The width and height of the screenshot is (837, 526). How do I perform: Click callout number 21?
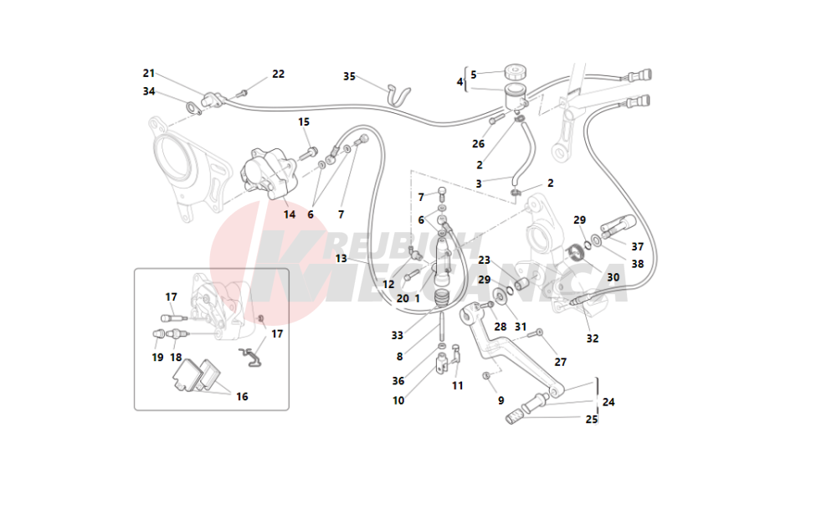pyautogui.click(x=149, y=73)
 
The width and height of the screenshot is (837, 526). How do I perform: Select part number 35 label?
pyautogui.click(x=350, y=76)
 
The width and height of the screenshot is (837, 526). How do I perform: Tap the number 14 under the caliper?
pyautogui.click(x=290, y=214)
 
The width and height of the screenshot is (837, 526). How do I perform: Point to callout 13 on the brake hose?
pyautogui.click(x=341, y=259)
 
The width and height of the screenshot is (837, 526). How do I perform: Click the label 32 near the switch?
pyautogui.click(x=593, y=338)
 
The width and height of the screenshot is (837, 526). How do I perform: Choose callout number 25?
pyautogui.click(x=592, y=420)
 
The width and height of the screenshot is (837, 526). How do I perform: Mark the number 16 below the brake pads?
pyautogui.click(x=242, y=396)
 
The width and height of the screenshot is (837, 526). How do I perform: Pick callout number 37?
pyautogui.click(x=638, y=247)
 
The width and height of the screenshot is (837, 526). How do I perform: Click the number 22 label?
pyautogui.click(x=278, y=74)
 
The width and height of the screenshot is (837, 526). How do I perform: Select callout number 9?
pyautogui.click(x=501, y=400)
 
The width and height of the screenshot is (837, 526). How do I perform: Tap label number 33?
pyautogui.click(x=397, y=336)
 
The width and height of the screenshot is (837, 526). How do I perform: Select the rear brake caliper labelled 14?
pyautogui.click(x=267, y=173)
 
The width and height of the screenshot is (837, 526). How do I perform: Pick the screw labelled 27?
pyautogui.click(x=538, y=333)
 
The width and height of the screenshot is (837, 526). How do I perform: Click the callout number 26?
pyautogui.click(x=478, y=144)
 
